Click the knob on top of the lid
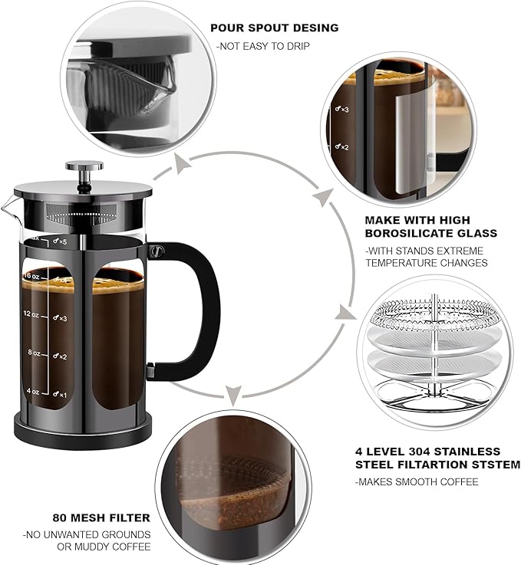[84, 166]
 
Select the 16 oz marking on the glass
[31, 275]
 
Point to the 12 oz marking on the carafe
[31, 314]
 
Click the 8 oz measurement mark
[33, 353]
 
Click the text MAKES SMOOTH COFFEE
[417, 481]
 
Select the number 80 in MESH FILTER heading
[60, 517]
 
